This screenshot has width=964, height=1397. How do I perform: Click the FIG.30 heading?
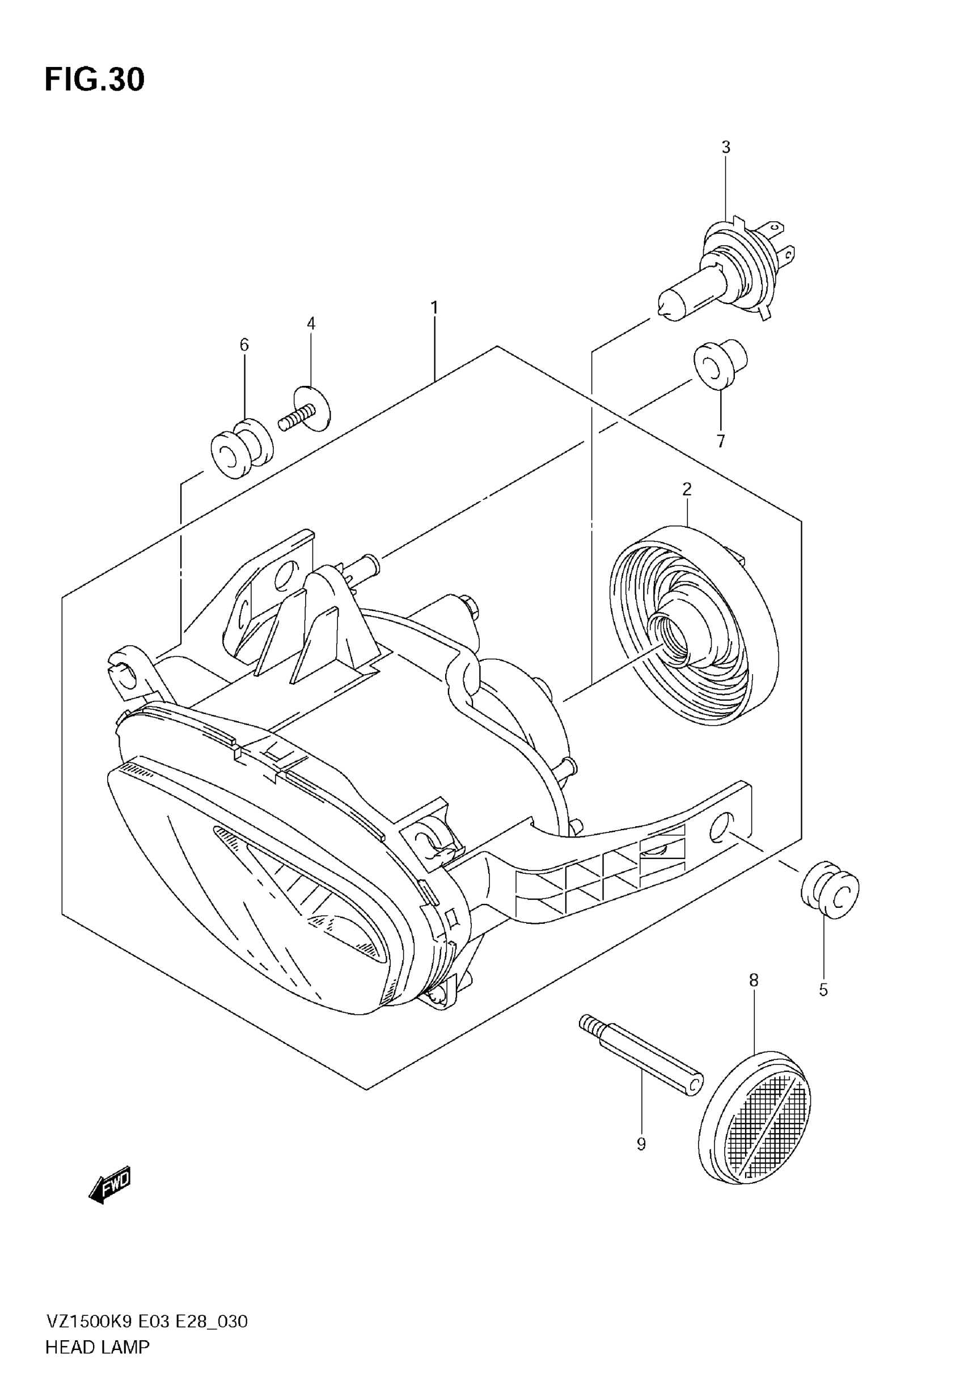(95, 80)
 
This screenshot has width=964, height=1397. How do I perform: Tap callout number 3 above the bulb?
(725, 147)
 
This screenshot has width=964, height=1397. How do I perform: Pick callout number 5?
(823, 990)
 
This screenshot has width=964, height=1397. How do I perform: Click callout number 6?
(244, 345)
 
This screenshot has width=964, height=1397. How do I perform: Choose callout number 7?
(721, 441)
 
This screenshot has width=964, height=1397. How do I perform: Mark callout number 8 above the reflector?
(753, 980)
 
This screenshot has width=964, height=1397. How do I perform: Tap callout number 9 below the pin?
(641, 1144)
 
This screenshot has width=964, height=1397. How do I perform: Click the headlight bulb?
(725, 268)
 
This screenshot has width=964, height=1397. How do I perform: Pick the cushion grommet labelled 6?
(241, 446)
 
